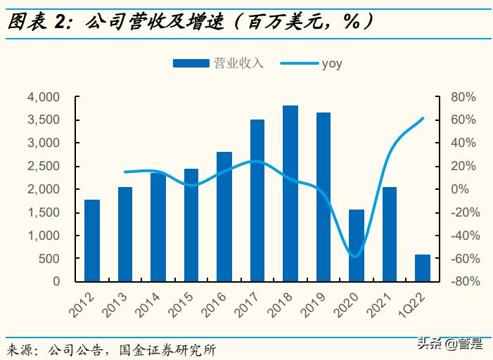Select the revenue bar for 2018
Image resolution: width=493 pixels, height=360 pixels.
tap(290, 193)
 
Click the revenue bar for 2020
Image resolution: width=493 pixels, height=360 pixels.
tap(357, 245)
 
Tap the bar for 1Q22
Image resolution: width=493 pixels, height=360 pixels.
tap(423, 268)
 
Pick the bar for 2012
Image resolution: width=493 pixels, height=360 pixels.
tap(92, 240)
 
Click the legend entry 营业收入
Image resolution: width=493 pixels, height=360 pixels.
tap(218, 64)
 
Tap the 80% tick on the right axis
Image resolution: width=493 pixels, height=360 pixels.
tap(464, 97)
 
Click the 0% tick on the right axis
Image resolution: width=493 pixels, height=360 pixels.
tap(467, 189)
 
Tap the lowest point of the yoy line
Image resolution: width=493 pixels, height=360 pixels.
tap(355, 256)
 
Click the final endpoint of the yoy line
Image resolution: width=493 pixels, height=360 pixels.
tap(423, 118)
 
